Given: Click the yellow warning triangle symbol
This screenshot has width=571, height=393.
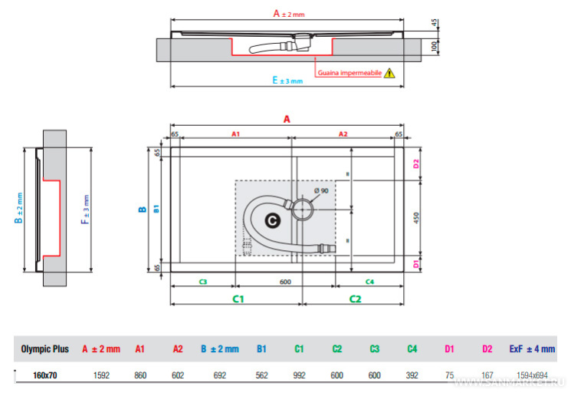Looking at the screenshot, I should tap(389, 74).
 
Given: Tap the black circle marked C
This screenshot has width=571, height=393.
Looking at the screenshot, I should tap(271, 220).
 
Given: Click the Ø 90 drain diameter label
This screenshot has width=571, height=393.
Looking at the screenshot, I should tap(320, 190).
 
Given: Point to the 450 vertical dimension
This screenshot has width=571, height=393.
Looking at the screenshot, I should tap(417, 218).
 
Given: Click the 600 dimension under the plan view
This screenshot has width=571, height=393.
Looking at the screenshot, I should tap(285, 282).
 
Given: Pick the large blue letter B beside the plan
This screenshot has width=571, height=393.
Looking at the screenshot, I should tap(142, 209).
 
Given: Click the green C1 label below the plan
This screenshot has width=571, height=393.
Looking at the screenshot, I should tap(238, 298).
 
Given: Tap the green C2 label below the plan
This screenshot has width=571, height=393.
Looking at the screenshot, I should tap(356, 298).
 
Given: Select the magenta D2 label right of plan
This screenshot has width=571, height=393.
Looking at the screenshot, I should tap(417, 164).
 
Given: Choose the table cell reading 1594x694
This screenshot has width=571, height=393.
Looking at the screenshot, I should tap(531, 375).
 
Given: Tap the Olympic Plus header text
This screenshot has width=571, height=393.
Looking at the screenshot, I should tap(44, 349).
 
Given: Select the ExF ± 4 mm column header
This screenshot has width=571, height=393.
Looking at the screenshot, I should tap(531, 349).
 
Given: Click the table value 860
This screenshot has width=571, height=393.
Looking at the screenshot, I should tap(139, 375).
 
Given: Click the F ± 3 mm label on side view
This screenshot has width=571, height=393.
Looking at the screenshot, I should tap(87, 209).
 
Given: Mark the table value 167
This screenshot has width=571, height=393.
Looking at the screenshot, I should tap(487, 375).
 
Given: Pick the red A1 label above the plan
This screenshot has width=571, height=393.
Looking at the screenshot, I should tap(235, 134).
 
